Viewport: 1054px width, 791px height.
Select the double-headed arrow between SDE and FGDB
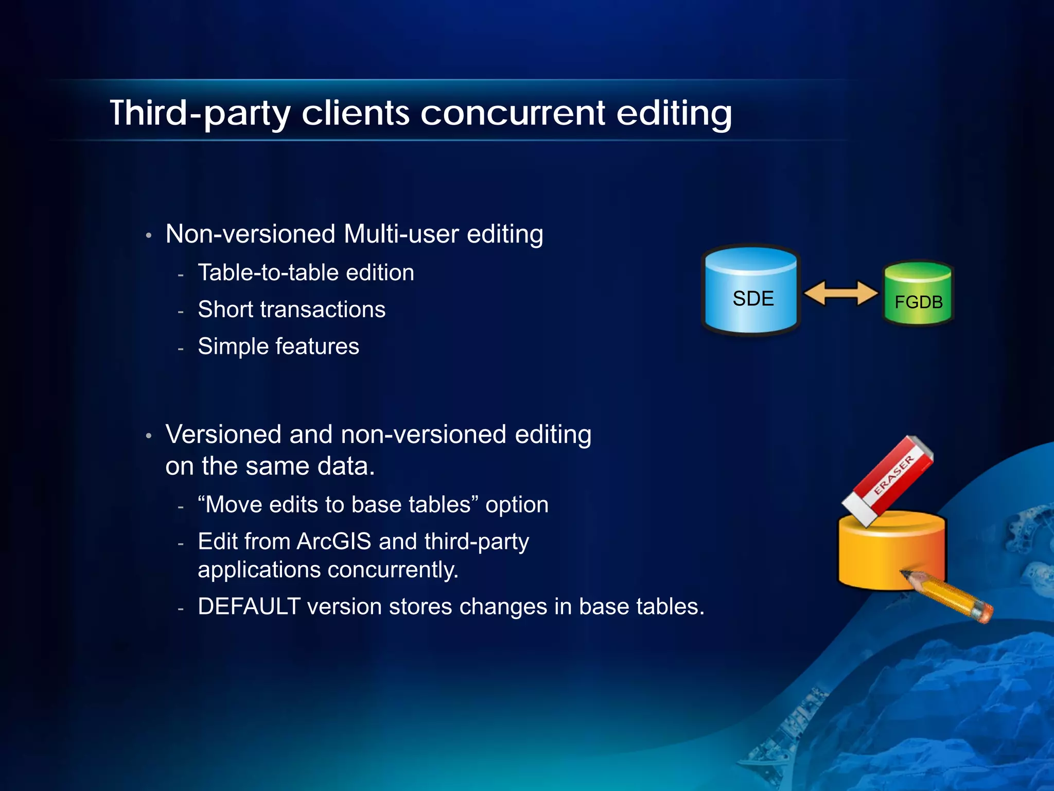click(840, 294)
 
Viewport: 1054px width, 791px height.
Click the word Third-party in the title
click(200, 113)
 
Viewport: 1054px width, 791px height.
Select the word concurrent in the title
click(513, 113)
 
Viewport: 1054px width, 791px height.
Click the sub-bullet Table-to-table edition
click(306, 273)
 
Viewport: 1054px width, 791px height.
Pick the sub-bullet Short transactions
click(291, 309)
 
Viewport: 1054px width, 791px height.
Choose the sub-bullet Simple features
click(278, 347)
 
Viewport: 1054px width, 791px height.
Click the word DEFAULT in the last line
click(249, 607)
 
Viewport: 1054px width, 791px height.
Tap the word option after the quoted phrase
click(517, 505)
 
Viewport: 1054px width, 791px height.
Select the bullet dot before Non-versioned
click(148, 236)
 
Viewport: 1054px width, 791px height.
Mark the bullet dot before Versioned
click(148, 436)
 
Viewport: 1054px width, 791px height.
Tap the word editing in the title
click(674, 113)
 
